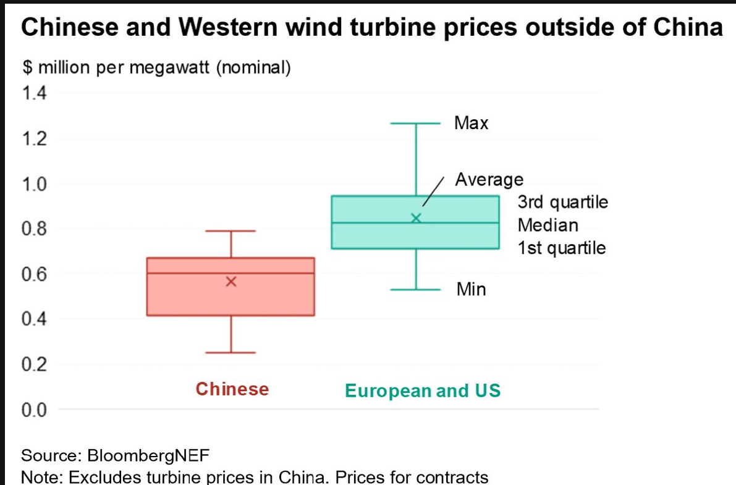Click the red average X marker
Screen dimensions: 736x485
(x=231, y=282)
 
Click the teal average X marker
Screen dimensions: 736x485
(x=416, y=218)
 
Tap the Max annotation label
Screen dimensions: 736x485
(x=472, y=123)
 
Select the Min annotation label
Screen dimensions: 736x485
(x=472, y=289)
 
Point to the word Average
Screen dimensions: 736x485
(x=489, y=180)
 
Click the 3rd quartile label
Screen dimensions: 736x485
(x=563, y=203)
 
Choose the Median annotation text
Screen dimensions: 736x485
(x=548, y=226)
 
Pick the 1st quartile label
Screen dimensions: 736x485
(x=561, y=248)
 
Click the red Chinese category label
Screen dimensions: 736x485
(x=232, y=389)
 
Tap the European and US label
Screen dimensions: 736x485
(x=423, y=391)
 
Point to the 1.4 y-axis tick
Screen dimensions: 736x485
(x=34, y=93)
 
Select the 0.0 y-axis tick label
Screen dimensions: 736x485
(x=34, y=410)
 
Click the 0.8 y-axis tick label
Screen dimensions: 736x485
(x=34, y=229)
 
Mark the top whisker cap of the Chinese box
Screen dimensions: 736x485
(x=231, y=231)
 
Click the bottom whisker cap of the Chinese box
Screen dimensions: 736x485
(x=231, y=353)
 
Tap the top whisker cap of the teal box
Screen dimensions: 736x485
(x=415, y=124)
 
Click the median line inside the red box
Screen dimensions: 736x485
(x=231, y=273)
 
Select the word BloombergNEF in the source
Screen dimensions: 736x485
(x=148, y=456)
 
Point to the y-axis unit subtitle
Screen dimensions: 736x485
(x=156, y=67)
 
